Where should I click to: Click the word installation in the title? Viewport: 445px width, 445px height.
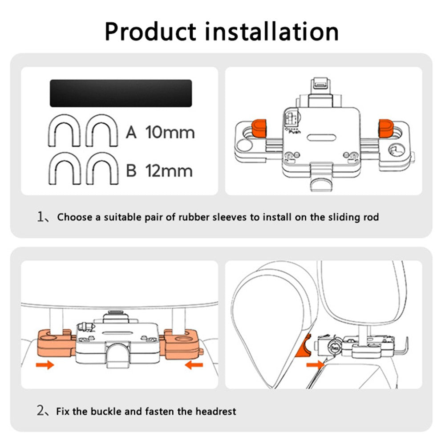pyautogui.click(x=271, y=31)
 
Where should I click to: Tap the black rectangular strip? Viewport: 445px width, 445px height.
pyautogui.click(x=121, y=93)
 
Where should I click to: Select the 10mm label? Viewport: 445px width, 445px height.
pyautogui.click(x=170, y=132)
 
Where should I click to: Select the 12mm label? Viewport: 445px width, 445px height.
pyautogui.click(x=170, y=170)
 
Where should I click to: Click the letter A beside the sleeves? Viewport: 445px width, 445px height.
pyautogui.click(x=131, y=132)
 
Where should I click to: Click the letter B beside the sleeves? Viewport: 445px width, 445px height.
pyautogui.click(x=131, y=170)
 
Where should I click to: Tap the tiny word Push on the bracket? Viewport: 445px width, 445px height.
pyautogui.click(x=295, y=132)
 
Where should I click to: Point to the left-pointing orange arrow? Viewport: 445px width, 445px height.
pyautogui.click(x=194, y=365)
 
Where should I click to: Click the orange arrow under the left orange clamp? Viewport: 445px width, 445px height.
pyautogui.click(x=45, y=365)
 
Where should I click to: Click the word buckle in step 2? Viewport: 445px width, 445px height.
pyautogui.click(x=105, y=411)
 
